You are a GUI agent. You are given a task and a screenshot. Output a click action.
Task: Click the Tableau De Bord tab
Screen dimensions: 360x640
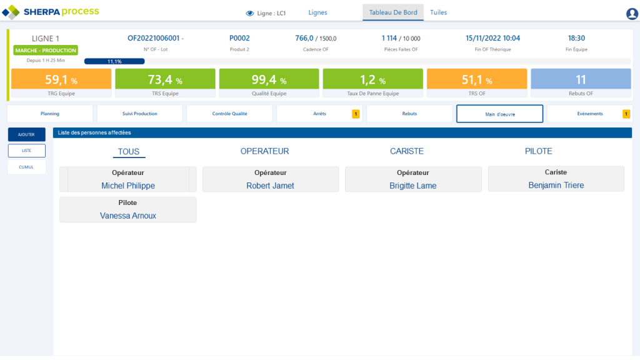[393, 12]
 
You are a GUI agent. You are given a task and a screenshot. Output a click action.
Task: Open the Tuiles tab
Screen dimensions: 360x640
[438, 12]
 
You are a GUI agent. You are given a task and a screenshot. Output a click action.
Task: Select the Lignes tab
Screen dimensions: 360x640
[317, 12]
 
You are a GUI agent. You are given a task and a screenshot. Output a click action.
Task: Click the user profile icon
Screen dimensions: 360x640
[631, 14]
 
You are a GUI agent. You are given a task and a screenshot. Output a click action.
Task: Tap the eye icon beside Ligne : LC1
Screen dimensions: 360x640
[249, 13]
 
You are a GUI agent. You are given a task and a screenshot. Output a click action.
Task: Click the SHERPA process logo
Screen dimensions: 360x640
[51, 12]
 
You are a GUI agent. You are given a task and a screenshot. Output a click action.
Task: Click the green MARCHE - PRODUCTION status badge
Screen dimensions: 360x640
[46, 50]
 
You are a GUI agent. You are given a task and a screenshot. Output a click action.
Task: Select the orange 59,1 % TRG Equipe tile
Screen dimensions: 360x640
[61, 84]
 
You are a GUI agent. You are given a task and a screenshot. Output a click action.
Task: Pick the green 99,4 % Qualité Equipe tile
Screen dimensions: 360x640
[269, 84]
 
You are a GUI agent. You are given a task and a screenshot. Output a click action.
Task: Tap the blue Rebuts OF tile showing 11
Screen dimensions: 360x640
[581, 84]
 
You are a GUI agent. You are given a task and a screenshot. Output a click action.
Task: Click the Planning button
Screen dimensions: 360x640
[50, 114]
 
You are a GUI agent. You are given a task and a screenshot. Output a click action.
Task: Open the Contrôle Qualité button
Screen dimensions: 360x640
[229, 114]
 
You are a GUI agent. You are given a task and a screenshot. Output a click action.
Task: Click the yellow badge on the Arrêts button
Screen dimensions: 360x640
[356, 114]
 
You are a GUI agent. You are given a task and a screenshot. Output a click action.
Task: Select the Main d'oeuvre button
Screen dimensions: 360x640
[499, 114]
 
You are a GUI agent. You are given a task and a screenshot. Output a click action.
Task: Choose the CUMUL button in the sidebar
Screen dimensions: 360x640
[26, 167]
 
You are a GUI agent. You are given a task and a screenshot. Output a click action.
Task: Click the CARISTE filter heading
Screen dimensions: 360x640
[406, 151]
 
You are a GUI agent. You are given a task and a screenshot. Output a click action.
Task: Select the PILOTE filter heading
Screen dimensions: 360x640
[538, 151]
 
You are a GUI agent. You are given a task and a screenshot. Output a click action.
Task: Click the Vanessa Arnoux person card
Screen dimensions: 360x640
[127, 210]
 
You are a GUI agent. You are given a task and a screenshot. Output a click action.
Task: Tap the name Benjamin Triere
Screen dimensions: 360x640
[556, 186]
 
